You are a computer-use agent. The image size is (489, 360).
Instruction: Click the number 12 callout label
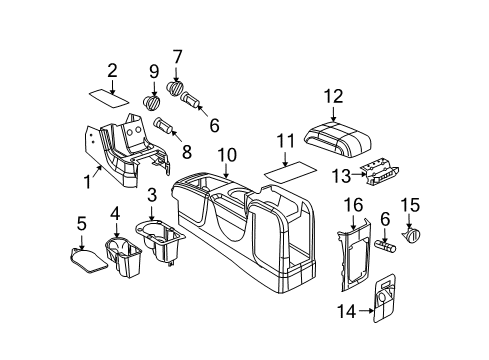point(332,96)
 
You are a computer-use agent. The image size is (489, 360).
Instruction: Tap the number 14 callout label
point(346,311)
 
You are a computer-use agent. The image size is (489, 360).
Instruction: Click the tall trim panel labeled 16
point(352,260)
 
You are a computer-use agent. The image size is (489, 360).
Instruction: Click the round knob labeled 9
point(152,102)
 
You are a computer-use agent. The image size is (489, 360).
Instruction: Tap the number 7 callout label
point(177,56)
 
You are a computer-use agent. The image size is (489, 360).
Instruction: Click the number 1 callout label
point(87,183)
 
